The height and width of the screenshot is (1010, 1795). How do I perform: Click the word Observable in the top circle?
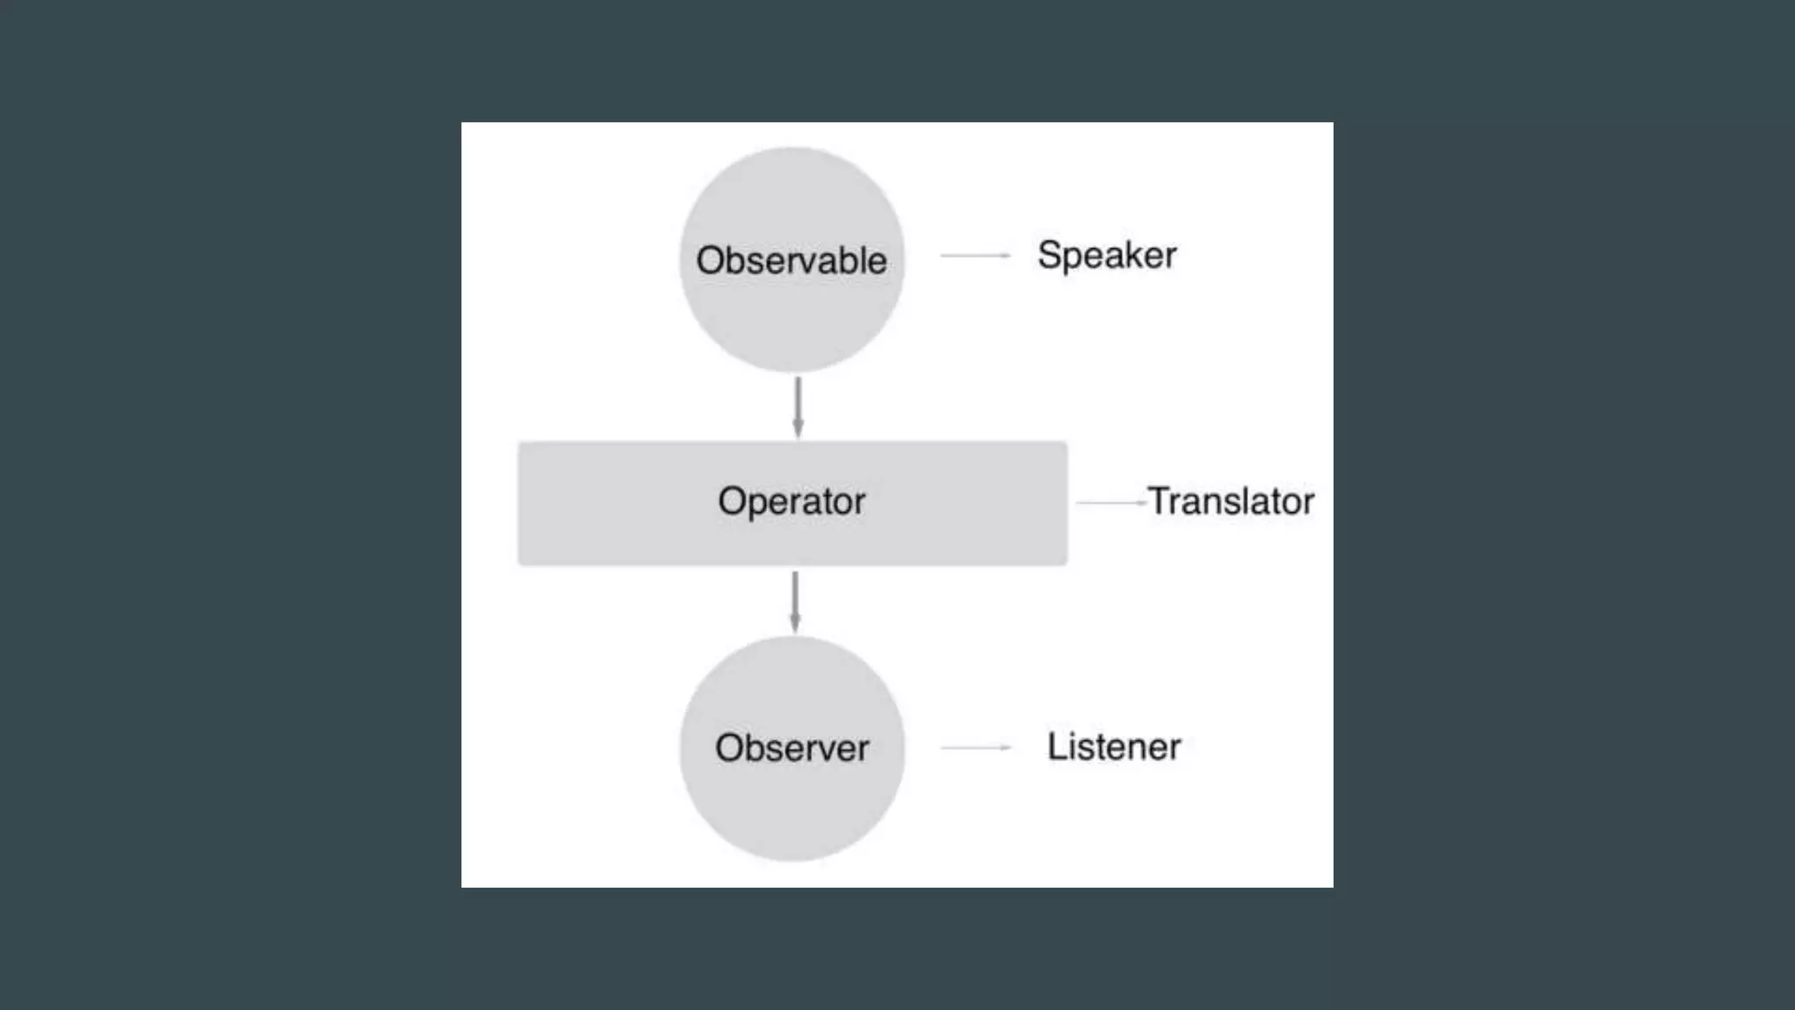pos(791,260)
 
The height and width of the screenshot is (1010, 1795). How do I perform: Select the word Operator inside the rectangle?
pos(791,501)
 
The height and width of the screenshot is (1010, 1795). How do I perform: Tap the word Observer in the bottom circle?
pos(791,748)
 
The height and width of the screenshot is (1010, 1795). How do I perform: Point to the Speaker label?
pos(1106,256)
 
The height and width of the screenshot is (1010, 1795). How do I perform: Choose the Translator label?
pos(1231,501)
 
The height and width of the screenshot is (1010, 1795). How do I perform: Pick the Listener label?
pos(1114,747)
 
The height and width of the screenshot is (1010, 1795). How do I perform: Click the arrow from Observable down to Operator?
pos(798,407)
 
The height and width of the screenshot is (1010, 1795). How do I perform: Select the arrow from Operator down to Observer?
pos(795,601)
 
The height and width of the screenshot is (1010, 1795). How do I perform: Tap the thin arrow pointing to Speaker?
pos(975,255)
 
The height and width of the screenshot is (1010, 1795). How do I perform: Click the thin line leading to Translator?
pos(1110,502)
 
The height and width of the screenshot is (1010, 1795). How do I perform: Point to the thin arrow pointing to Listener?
pos(975,747)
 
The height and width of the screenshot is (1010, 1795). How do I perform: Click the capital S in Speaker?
pos(1049,255)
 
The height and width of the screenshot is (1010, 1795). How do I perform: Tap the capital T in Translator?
pos(1160,500)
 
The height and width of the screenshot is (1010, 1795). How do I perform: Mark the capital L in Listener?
pos(1056,746)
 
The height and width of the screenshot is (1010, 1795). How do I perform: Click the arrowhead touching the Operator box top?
pos(798,430)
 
